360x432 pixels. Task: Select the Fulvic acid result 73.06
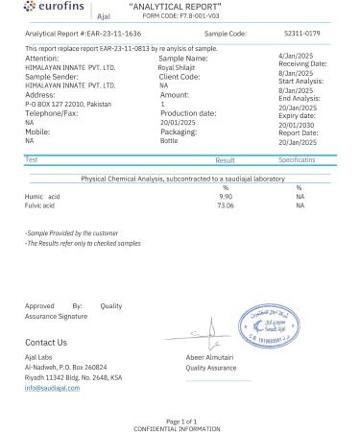[227, 204]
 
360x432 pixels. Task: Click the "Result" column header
[226, 160]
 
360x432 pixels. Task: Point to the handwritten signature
[201, 337]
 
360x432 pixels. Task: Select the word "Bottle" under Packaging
[169, 140]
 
